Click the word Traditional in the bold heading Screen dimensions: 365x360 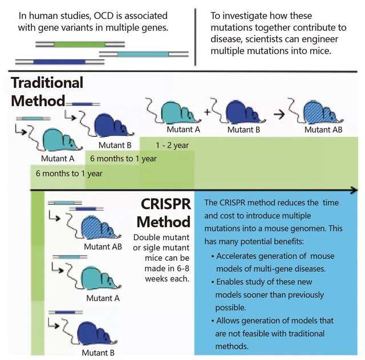[x=47, y=82]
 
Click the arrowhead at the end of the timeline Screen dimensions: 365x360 [x=354, y=190]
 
